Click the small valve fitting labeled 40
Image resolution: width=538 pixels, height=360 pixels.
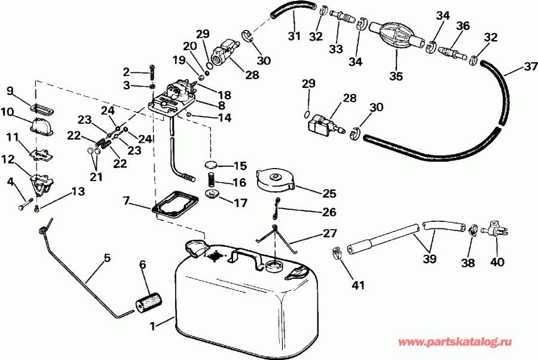point(494,227)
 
